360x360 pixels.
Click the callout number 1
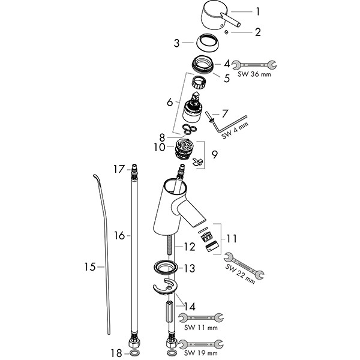(258, 11)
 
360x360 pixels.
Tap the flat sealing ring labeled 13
(164, 268)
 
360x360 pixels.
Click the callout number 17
(118, 169)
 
